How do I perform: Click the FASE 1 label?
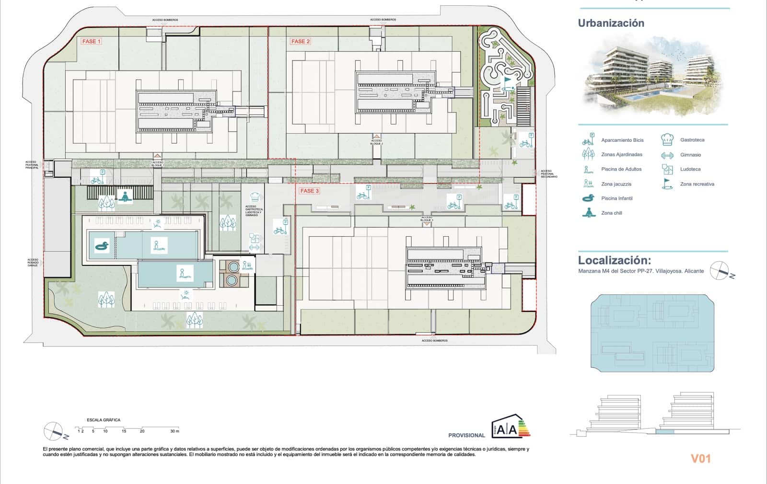(x=91, y=41)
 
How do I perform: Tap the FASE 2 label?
(x=301, y=41)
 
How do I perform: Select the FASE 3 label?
(x=309, y=191)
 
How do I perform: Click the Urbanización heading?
(x=611, y=23)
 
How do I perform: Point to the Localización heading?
(x=614, y=260)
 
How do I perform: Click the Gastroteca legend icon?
(x=667, y=140)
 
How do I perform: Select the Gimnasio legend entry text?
(x=690, y=155)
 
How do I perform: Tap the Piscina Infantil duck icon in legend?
(x=588, y=198)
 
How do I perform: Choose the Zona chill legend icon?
(x=588, y=213)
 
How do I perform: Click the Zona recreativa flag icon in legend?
(x=667, y=184)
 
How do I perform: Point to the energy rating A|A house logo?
(x=510, y=427)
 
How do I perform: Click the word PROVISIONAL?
(x=466, y=435)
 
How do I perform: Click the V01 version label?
(x=700, y=459)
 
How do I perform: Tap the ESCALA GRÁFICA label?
(x=104, y=420)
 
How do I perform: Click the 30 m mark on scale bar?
(x=174, y=431)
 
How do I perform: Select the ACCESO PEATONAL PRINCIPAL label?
(x=32, y=165)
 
